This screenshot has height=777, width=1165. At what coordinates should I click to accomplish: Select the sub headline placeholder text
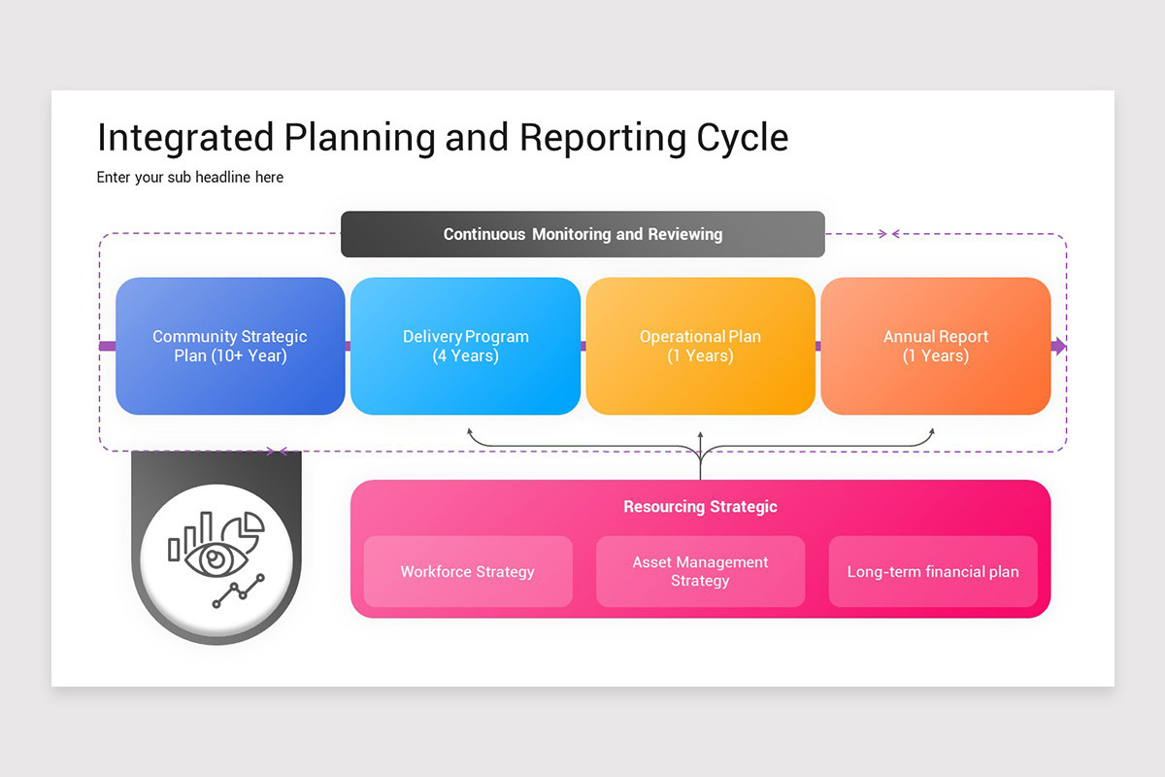point(190,178)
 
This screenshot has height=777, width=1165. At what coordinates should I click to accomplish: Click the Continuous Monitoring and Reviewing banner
point(582,234)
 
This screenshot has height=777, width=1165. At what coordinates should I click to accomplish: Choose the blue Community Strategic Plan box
point(230,346)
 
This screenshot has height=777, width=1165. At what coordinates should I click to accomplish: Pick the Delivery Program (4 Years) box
point(466,346)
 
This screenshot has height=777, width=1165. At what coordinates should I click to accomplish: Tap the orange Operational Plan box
point(700,346)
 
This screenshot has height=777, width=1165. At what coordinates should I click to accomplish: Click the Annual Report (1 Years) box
point(936,346)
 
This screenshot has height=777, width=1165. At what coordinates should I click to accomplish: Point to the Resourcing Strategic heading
point(700,506)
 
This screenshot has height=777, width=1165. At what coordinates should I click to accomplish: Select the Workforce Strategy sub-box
point(468,571)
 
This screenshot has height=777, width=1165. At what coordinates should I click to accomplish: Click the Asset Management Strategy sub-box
point(700,571)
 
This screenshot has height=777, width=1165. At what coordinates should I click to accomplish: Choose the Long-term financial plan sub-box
point(933,571)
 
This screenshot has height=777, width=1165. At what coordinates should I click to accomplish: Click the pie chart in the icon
point(244,530)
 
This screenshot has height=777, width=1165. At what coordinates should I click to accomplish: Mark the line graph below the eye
point(238,591)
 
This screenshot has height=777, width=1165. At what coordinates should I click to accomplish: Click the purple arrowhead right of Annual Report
point(1060,347)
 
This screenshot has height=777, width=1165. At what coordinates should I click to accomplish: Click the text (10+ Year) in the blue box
point(230,355)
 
